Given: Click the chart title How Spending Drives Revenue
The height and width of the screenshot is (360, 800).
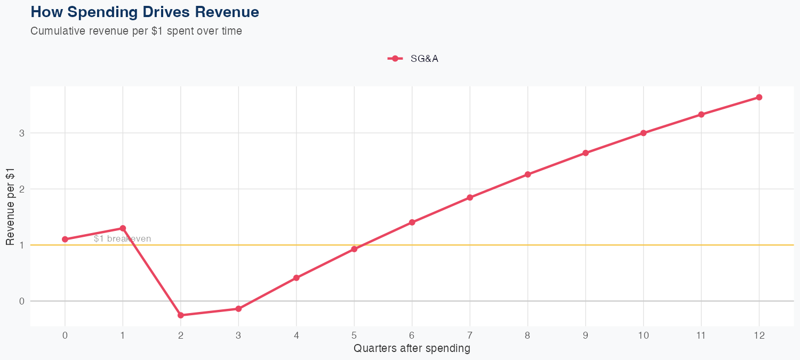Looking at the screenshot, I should click(x=145, y=12).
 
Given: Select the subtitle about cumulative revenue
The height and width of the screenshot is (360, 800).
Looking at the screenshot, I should click(x=137, y=31).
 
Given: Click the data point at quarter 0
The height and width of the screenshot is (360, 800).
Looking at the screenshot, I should click(x=65, y=239).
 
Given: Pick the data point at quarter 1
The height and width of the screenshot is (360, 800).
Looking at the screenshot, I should click(x=123, y=228).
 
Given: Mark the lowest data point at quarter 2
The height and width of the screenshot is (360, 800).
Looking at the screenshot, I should click(x=181, y=315).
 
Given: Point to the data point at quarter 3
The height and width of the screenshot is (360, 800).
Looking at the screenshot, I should click(x=238, y=309).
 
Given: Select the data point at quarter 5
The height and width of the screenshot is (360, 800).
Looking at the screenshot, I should click(x=354, y=249).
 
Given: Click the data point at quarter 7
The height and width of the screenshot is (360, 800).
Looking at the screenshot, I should click(x=470, y=197).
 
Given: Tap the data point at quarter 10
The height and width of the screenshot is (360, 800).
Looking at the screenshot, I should click(x=644, y=133).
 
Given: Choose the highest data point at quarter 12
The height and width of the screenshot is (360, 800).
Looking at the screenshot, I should click(x=759, y=97).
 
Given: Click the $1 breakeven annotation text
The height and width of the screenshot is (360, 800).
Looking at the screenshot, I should click(x=122, y=239).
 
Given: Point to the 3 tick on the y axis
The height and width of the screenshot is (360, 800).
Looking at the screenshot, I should click(x=22, y=133).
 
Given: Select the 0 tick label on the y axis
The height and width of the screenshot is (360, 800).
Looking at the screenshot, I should click(x=22, y=301).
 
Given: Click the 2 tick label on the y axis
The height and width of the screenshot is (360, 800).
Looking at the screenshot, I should click(x=22, y=189).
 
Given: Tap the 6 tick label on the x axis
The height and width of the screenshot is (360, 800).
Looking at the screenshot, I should click(x=412, y=335).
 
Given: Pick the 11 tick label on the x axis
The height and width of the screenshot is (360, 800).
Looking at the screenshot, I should click(x=701, y=335).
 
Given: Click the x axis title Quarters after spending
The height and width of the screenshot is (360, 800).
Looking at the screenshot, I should click(x=412, y=349).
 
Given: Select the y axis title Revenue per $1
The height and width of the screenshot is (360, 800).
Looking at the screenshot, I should click(x=10, y=206).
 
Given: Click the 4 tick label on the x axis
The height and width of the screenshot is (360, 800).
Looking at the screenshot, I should click(x=297, y=335).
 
